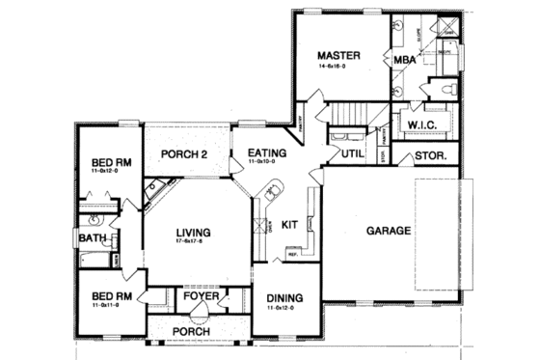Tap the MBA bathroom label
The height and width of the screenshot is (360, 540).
tap(405, 60)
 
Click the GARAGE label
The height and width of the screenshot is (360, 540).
tap(389, 231)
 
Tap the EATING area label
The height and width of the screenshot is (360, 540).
tap(266, 152)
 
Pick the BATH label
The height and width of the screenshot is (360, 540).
tap(93, 237)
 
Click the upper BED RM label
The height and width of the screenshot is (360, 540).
tap(111, 161)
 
